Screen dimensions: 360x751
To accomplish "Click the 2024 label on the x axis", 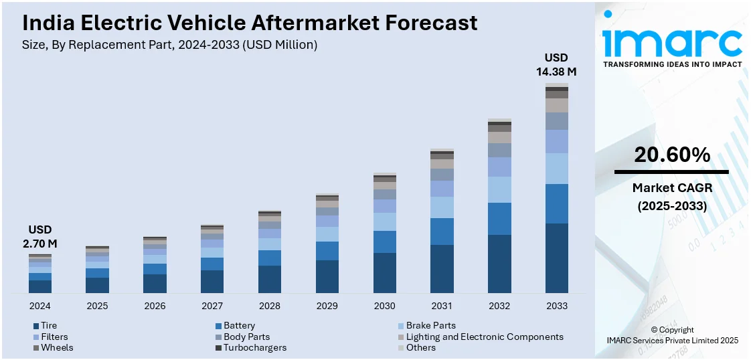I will (x=39, y=306).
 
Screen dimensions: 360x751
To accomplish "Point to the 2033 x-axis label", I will (x=556, y=306).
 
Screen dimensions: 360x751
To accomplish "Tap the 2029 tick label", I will (x=327, y=306).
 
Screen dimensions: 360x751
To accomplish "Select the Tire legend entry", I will (x=49, y=326).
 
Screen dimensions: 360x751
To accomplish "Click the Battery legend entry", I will (x=239, y=326).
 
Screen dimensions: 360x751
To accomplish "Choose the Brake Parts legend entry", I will (x=430, y=326).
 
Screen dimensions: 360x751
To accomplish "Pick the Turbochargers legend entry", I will (x=254, y=347).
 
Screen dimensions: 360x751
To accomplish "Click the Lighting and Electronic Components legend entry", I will (x=485, y=337).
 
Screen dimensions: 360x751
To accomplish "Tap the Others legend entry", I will (x=420, y=347).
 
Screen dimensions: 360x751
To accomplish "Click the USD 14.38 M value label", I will (x=556, y=64).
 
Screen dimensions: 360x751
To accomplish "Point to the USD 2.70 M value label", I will (x=39, y=237).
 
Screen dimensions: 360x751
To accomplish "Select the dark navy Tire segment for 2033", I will (x=556, y=258).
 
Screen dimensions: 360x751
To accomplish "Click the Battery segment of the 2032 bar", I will (x=499, y=219).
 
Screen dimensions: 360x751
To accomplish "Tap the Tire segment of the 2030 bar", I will (x=384, y=273).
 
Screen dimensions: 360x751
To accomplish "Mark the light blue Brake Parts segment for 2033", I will (x=556, y=169).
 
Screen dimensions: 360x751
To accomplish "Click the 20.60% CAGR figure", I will (x=672, y=155).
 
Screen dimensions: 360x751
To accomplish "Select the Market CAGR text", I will (x=672, y=188).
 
